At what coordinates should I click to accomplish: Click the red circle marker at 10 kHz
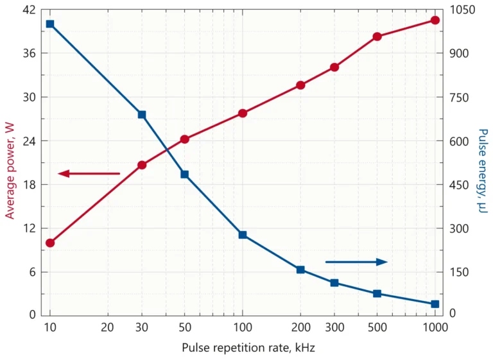(50, 243)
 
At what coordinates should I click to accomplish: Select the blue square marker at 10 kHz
(50, 24)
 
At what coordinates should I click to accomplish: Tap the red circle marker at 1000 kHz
(435, 21)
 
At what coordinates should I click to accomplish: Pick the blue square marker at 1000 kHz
(435, 304)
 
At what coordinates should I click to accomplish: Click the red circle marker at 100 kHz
(243, 113)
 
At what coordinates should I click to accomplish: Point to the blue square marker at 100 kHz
(243, 235)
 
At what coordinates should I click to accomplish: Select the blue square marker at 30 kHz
(142, 115)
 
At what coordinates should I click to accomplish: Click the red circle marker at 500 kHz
(377, 37)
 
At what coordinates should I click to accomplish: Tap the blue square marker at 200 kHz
(300, 270)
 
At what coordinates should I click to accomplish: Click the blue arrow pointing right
(356, 262)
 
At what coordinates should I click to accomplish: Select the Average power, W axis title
(10, 171)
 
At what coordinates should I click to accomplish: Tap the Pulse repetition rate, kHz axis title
(248, 348)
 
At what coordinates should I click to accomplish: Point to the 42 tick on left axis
(30, 10)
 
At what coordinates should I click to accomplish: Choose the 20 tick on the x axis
(108, 327)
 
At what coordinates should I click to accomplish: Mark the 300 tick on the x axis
(334, 327)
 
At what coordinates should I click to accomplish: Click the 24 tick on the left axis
(30, 141)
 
